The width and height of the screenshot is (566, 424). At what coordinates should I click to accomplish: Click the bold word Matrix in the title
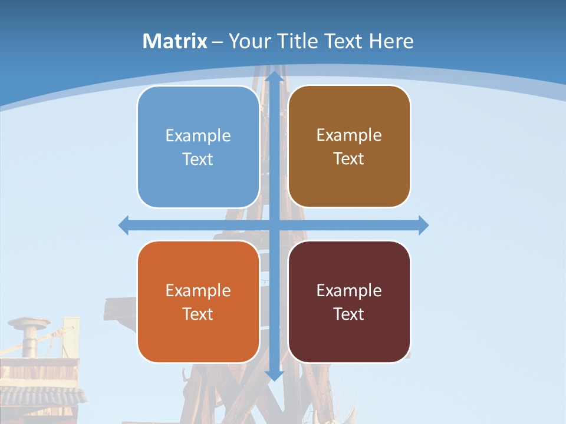point(175,41)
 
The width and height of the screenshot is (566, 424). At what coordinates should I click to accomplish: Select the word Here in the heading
point(391,41)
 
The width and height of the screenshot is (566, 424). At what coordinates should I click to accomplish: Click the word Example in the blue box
point(198,135)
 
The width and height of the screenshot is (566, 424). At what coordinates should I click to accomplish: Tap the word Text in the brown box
point(349,159)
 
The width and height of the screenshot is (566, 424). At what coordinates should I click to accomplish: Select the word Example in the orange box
point(198,290)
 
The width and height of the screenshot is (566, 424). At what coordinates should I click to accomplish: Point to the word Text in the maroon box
point(349,314)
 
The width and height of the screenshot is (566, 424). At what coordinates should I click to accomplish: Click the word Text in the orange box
point(198,314)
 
